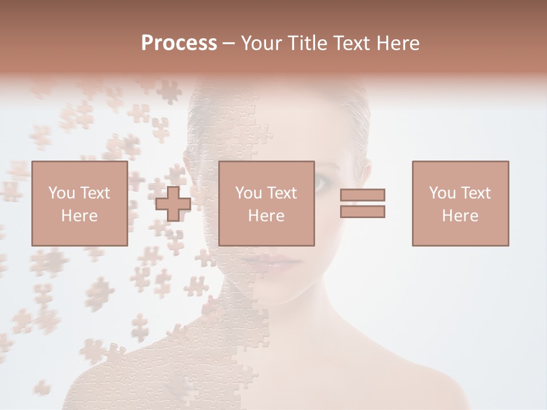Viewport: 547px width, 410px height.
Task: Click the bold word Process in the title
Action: [179, 43]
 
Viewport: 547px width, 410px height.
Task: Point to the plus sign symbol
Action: [173, 204]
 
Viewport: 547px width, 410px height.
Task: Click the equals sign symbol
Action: [362, 203]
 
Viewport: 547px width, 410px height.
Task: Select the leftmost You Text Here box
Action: [79, 203]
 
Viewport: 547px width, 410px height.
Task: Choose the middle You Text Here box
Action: [266, 203]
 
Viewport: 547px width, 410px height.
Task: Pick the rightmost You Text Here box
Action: [460, 203]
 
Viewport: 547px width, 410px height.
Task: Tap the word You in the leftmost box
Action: [61, 193]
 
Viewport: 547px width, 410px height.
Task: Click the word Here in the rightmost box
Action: [460, 216]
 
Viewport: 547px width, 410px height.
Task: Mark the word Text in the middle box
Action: [282, 193]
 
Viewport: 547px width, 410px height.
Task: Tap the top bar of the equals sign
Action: [362, 195]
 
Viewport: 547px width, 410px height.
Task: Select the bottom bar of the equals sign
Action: [362, 212]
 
